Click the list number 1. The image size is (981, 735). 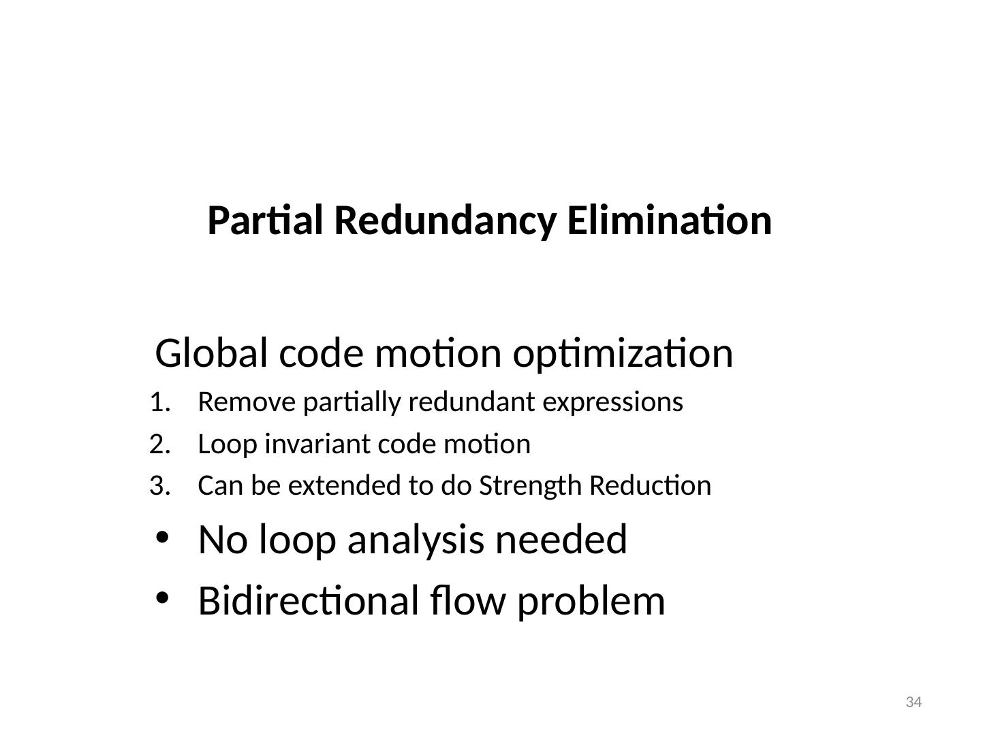click(158, 403)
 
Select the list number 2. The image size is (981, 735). click(158, 444)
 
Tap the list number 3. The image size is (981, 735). click(158, 486)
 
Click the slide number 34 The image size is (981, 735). click(914, 702)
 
